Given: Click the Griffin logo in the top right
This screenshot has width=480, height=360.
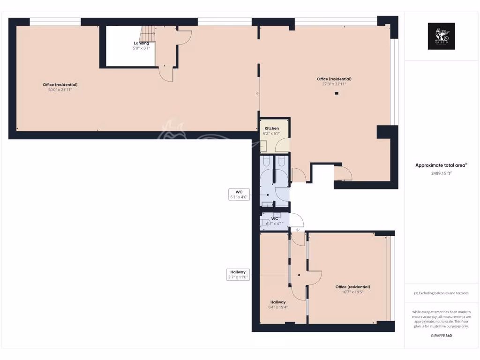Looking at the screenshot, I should [441, 36].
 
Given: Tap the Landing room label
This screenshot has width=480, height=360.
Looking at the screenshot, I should [141, 43].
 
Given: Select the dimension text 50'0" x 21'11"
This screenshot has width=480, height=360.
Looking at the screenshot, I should [60, 89].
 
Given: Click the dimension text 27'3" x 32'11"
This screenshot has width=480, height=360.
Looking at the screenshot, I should [334, 84].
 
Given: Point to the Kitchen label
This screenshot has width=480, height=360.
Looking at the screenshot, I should [272, 128].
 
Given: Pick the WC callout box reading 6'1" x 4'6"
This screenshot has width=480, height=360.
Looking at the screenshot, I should [239, 195].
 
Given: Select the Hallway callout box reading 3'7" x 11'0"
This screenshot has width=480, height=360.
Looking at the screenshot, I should [238, 275].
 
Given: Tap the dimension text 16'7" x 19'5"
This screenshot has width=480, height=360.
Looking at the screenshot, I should [352, 292].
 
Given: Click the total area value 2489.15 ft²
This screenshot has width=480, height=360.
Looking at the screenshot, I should [441, 173].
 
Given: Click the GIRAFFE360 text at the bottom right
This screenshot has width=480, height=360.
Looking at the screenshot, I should [441, 336].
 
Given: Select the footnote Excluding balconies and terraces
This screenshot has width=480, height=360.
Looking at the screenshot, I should [441, 293].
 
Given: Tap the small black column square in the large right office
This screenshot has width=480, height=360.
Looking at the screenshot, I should [336, 93].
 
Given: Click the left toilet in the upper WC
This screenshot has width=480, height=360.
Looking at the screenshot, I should [266, 162].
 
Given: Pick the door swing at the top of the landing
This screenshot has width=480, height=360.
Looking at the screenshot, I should [185, 37].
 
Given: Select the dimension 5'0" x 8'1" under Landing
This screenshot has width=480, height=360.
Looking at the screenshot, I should [141, 48].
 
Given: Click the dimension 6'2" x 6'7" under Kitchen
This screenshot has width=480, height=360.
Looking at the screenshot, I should [272, 134].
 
